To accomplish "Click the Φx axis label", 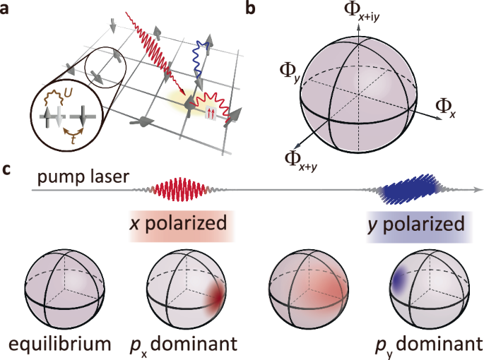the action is (x=447, y=108).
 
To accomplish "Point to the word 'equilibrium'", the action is (x=59, y=346).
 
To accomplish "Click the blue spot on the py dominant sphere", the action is (x=397, y=284).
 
